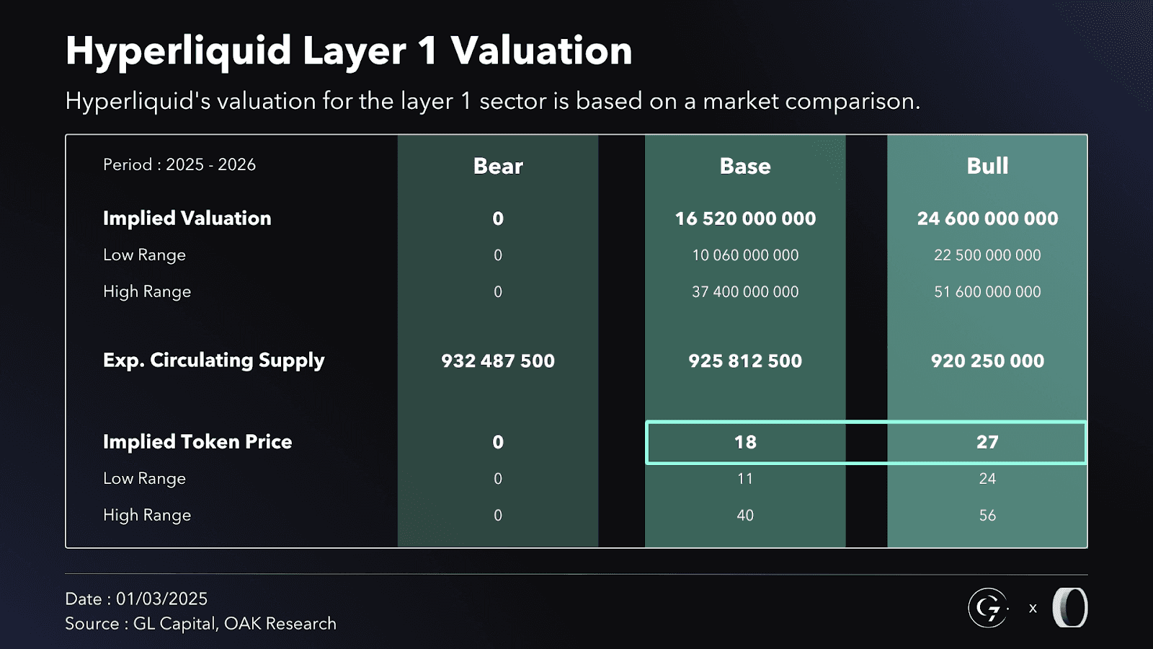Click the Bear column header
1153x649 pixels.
498,166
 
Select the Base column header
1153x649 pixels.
745,166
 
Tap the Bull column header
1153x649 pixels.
987,166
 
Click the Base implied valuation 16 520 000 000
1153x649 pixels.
745,218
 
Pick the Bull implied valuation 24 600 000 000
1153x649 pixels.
987,218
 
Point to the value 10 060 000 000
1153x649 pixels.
745,255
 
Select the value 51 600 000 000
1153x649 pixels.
987,292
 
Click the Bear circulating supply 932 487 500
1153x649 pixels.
498,361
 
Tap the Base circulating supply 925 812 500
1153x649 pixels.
745,361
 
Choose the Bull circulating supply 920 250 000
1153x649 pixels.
987,361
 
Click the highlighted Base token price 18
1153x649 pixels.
745,442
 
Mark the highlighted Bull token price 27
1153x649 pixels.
987,442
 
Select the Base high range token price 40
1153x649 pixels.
745,516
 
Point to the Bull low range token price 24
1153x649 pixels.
987,479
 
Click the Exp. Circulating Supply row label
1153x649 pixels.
213,361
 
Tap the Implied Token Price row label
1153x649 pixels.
197,442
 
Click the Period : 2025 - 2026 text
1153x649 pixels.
179,164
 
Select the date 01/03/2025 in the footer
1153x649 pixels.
161,599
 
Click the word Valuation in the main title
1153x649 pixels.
541,51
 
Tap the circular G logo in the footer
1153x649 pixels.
987,608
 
